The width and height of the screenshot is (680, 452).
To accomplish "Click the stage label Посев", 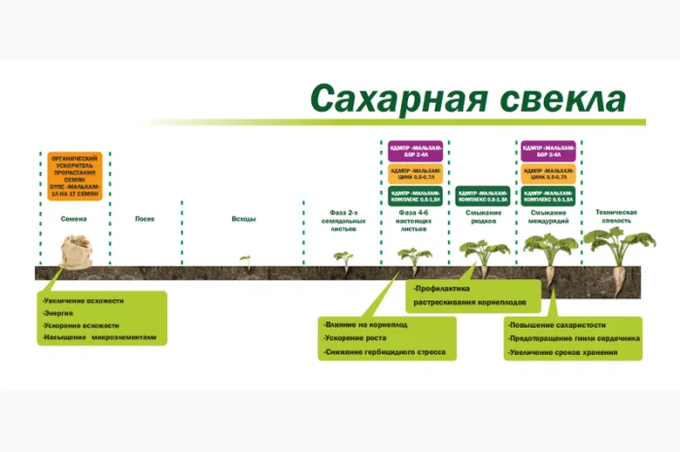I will pyautogui.click(x=145, y=219).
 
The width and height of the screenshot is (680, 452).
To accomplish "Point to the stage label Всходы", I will pyautogui.click(x=244, y=219).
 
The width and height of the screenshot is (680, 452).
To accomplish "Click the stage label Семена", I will pyautogui.click(x=75, y=219).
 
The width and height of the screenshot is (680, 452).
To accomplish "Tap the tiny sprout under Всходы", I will pyautogui.click(x=245, y=261).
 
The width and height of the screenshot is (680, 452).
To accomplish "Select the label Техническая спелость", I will pyautogui.click(x=616, y=216).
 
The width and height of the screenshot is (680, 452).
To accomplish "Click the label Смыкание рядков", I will pyautogui.click(x=483, y=216).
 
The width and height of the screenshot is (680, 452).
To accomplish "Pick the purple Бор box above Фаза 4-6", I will pyautogui.click(x=415, y=151).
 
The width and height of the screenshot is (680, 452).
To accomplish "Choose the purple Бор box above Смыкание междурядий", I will pyautogui.click(x=548, y=151).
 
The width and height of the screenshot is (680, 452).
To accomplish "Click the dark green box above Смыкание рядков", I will pyautogui.click(x=483, y=194).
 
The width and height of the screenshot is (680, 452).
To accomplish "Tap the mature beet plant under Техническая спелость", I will pyautogui.click(x=618, y=255).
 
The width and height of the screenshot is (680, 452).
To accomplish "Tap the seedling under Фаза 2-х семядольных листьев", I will pyautogui.click(x=342, y=259).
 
